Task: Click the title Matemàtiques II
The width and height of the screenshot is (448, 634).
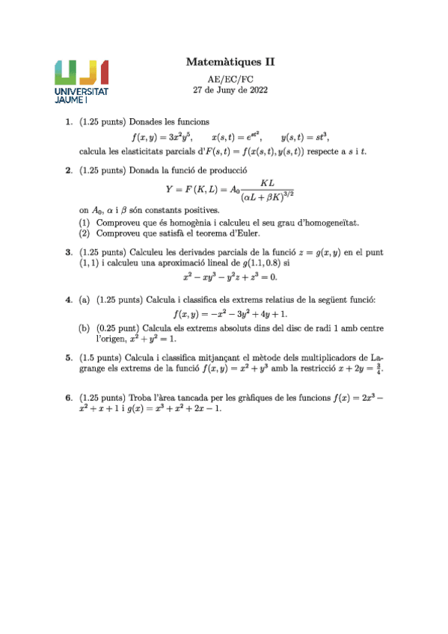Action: [230, 62]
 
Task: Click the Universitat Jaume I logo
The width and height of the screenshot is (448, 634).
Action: [82, 81]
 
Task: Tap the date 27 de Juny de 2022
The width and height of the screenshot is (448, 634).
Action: [230, 90]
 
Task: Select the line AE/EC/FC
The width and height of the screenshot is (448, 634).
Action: [230, 79]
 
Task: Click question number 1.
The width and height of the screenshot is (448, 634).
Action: [69, 122]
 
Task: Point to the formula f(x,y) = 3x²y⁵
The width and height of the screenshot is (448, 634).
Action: [162, 137]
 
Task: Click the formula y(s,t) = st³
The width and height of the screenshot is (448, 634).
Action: [305, 137]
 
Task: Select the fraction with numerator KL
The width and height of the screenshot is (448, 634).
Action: [268, 191]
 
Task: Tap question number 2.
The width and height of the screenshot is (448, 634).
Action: [69, 170]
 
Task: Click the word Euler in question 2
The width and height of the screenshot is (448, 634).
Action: [247, 233]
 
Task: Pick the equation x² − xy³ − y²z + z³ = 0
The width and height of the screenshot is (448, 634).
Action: [230, 277]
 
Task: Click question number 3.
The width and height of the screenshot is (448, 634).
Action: [69, 253]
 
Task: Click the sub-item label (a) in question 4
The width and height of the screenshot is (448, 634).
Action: [85, 300]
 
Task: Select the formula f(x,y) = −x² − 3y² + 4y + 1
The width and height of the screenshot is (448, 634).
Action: [230, 314]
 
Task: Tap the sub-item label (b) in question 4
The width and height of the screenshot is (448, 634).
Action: [85, 328]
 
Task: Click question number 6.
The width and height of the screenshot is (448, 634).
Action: [69, 398]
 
